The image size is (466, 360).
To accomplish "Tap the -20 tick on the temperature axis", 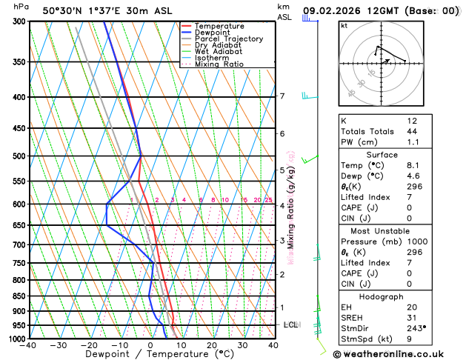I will (89, 345).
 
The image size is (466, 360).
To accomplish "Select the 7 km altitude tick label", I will (282, 96).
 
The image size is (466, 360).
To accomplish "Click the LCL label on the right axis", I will (291, 324).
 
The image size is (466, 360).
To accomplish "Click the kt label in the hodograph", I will (344, 25).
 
